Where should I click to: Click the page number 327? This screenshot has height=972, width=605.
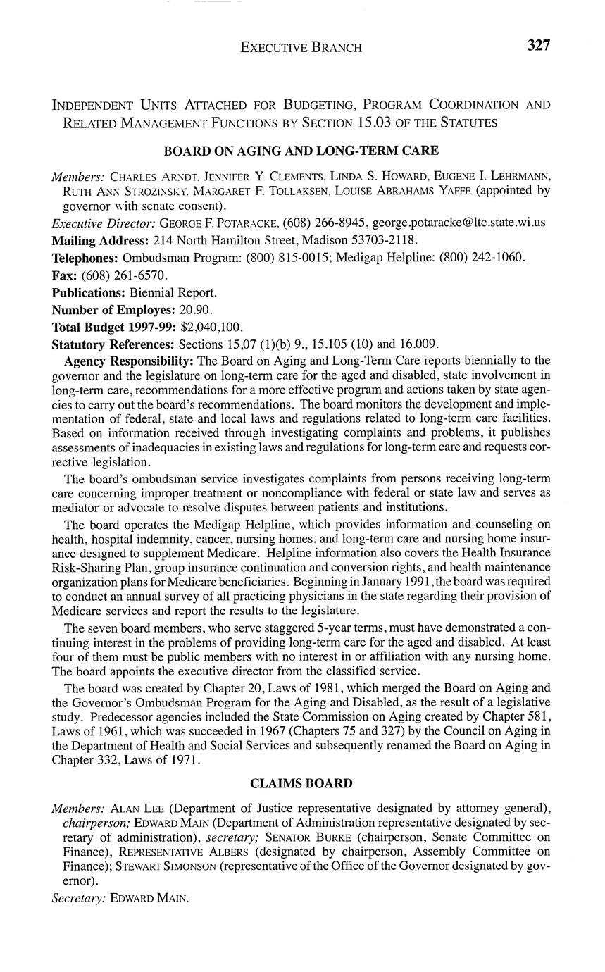537,46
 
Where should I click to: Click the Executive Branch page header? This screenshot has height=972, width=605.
301,47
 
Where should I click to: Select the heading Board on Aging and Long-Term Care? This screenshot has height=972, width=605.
301,151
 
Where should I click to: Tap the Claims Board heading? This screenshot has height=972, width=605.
301,783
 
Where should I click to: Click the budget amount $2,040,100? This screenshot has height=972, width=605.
212,327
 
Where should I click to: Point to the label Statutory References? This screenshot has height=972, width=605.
113,344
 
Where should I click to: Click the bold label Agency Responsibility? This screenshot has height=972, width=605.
129,361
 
